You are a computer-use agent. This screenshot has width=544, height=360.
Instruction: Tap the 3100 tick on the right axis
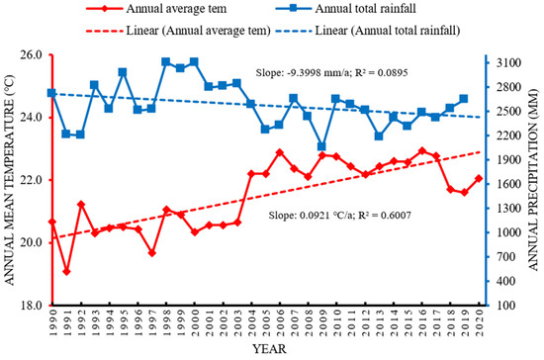pos(510,62)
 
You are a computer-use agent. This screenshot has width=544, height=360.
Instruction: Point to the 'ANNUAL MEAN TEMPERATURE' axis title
pos(10,180)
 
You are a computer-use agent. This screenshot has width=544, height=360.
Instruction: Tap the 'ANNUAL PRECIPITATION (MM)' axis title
pos(535,180)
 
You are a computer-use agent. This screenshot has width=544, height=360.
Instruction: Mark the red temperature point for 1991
pos(66,271)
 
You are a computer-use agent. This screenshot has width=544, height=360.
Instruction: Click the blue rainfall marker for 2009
pos(322,146)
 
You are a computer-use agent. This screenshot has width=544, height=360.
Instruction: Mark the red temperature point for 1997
pos(152,252)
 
